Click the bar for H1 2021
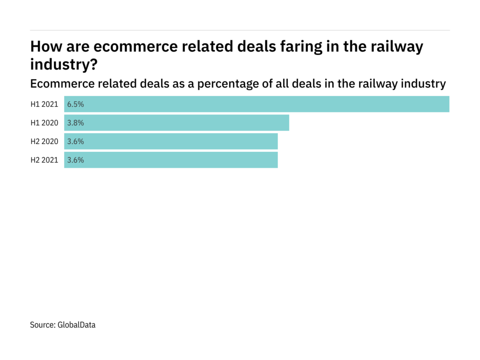pyautogui.click(x=257, y=104)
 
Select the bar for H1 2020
pyautogui.click(x=177, y=123)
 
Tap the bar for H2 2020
pyautogui.click(x=171, y=141)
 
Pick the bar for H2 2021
pyautogui.click(x=171, y=160)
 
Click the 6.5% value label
pyautogui.click(x=75, y=104)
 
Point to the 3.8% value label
pyautogui.click(x=75, y=123)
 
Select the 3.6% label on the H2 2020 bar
pyautogui.click(x=75, y=141)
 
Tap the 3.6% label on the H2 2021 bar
pyautogui.click(x=75, y=160)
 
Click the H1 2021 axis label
pyautogui.click(x=45, y=104)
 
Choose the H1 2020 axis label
pyautogui.click(x=45, y=123)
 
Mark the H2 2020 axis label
pyautogui.click(x=45, y=141)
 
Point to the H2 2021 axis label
pyautogui.click(x=45, y=160)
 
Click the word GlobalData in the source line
pyautogui.click(x=77, y=324)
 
